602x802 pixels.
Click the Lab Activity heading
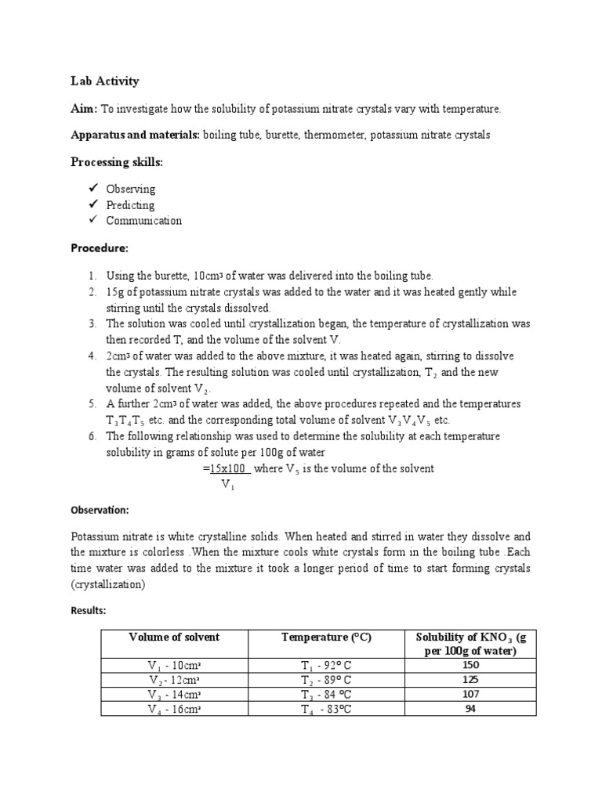click(x=105, y=81)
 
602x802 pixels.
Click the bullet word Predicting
click(x=130, y=205)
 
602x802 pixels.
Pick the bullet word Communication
click(x=143, y=221)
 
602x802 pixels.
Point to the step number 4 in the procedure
click(x=92, y=356)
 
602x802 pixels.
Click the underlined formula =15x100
click(x=227, y=468)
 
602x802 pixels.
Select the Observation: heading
click(x=101, y=510)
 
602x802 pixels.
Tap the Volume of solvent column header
click(x=174, y=638)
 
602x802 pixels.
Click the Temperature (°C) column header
click(x=326, y=638)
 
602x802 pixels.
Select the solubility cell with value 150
click(x=471, y=665)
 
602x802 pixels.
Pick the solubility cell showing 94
click(x=471, y=709)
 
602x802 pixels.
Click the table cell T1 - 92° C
click(x=326, y=666)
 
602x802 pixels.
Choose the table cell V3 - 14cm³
click(x=174, y=695)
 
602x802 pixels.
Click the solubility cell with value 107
click(x=471, y=694)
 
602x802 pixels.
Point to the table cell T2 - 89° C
click(x=326, y=680)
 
